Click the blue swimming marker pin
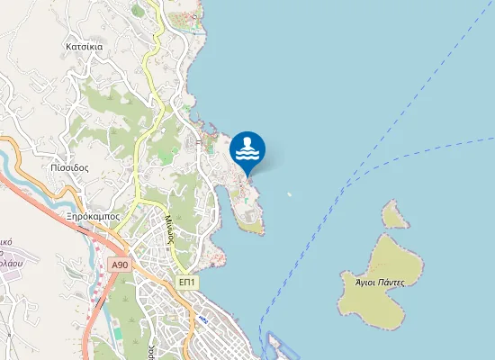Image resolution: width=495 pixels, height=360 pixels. pos(247,149)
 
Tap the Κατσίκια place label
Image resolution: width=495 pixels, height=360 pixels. pos(88,45)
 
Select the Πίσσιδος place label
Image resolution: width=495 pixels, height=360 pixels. pos(69,167)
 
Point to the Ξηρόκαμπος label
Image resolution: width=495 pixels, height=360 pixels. pos(93,217)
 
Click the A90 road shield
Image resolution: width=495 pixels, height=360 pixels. pos(121,265)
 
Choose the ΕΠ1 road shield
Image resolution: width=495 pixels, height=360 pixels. pos(187,282)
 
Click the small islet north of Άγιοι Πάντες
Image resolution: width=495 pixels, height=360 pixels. pos(393,214)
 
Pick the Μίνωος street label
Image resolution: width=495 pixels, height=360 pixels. pos(168,230)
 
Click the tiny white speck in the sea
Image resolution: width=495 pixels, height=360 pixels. pos(289,193)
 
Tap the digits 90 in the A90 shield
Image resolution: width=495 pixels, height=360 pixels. pos(123,265)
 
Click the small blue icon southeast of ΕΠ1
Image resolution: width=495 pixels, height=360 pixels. pos(205,320)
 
